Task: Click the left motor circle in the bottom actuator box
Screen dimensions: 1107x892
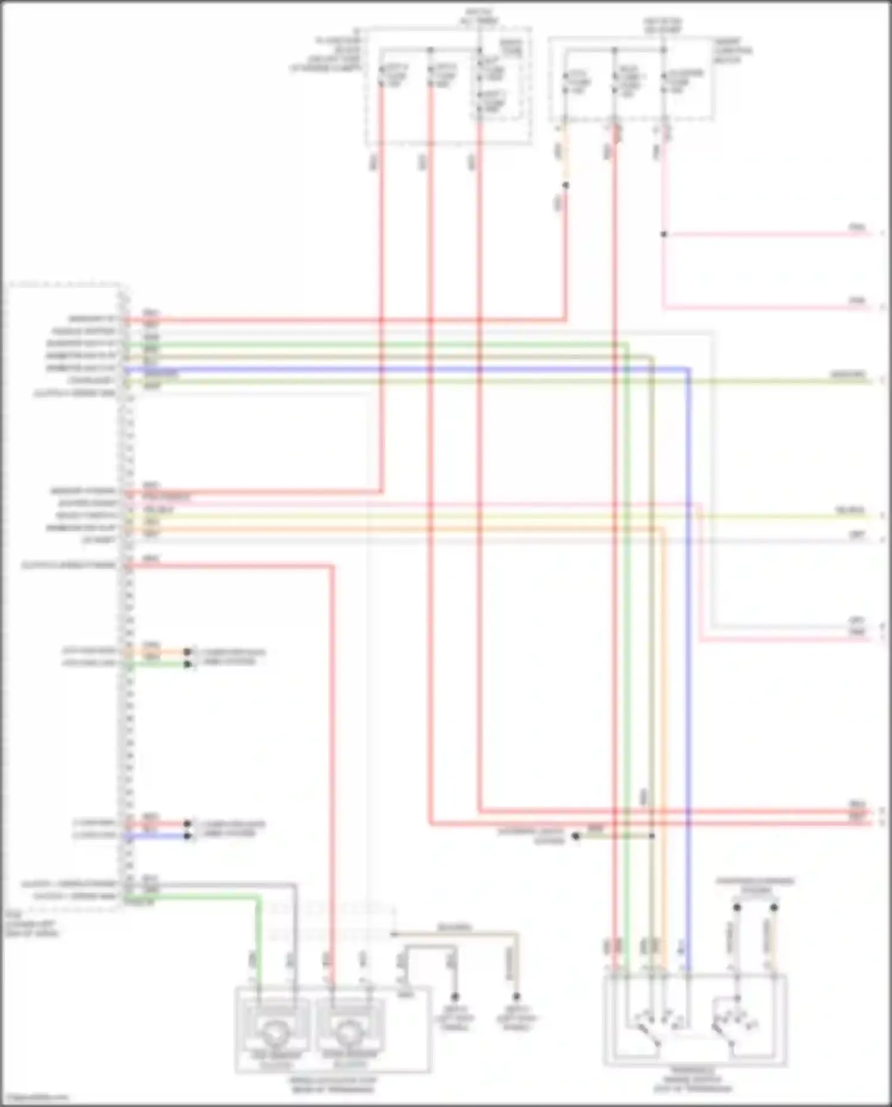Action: pos(274,1034)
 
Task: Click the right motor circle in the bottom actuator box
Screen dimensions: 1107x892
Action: pos(349,1034)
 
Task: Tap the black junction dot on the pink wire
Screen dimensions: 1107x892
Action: pos(664,234)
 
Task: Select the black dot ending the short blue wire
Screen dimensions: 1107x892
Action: pos(187,836)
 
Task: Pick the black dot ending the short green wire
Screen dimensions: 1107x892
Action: pos(187,664)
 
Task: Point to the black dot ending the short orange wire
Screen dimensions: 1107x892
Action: pos(187,652)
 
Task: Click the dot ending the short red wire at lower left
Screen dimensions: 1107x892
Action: pos(187,824)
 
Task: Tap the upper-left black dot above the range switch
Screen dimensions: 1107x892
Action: pos(737,907)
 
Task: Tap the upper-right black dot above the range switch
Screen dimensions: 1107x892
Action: pos(774,907)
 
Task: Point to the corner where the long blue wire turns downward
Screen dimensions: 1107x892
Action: pos(688,369)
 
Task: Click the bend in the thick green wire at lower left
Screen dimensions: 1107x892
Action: pos(259,898)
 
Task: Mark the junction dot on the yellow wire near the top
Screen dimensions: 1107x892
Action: pos(566,186)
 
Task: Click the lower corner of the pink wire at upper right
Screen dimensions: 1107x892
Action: pos(664,308)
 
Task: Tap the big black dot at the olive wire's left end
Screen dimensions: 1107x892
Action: pos(575,836)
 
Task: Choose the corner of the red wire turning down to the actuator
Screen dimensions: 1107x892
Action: pos(332,566)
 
